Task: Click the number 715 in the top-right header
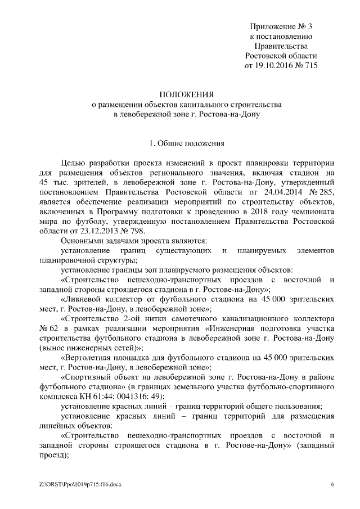click(310, 66)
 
